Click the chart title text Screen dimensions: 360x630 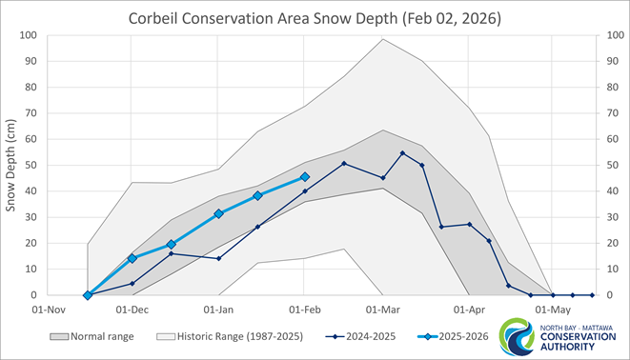pos(315,19)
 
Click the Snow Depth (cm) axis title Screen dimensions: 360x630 pos(12,164)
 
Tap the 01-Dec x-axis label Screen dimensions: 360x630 pos(132,310)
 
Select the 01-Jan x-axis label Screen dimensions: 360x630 pos(219,310)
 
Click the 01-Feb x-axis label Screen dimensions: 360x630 pos(305,310)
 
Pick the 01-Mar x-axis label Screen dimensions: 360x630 pos(383,310)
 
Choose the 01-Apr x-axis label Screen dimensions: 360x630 pos(470,310)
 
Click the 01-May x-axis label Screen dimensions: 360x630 pos(553,310)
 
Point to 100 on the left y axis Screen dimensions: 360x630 pos(28,35)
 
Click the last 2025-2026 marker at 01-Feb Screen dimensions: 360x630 pos(305,177)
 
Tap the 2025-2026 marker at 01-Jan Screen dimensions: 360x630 pos(219,213)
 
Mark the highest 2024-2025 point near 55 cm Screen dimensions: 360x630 pos(403,153)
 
